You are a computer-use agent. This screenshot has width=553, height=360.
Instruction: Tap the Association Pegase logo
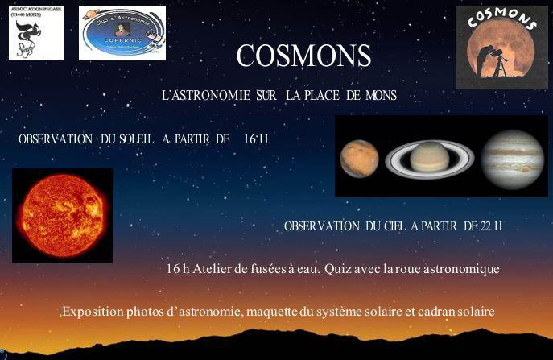click(x=36, y=33)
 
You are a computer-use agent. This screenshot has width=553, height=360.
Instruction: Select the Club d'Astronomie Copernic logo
click(x=122, y=33)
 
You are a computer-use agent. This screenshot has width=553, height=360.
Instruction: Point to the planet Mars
click(x=359, y=158)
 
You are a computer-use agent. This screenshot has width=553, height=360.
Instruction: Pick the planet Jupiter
click(x=512, y=157)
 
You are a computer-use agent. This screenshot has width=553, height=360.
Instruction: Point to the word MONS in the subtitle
click(x=381, y=96)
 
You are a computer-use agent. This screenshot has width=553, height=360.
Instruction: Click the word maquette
click(x=303, y=311)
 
